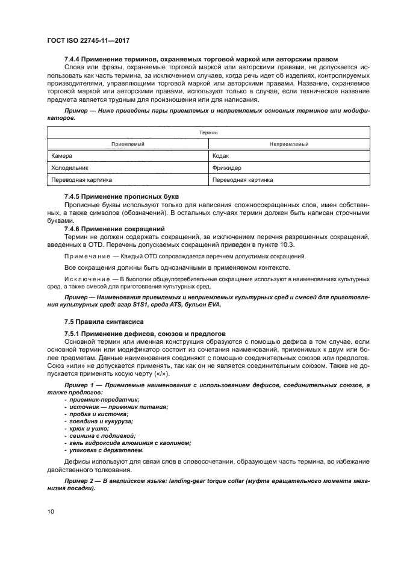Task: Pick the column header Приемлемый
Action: click(128, 144)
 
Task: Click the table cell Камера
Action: click(62, 155)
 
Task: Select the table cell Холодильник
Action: click(70, 167)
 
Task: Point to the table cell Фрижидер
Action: click(226, 167)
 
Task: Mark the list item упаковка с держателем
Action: click(107, 450)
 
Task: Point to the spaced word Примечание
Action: click(86, 256)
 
